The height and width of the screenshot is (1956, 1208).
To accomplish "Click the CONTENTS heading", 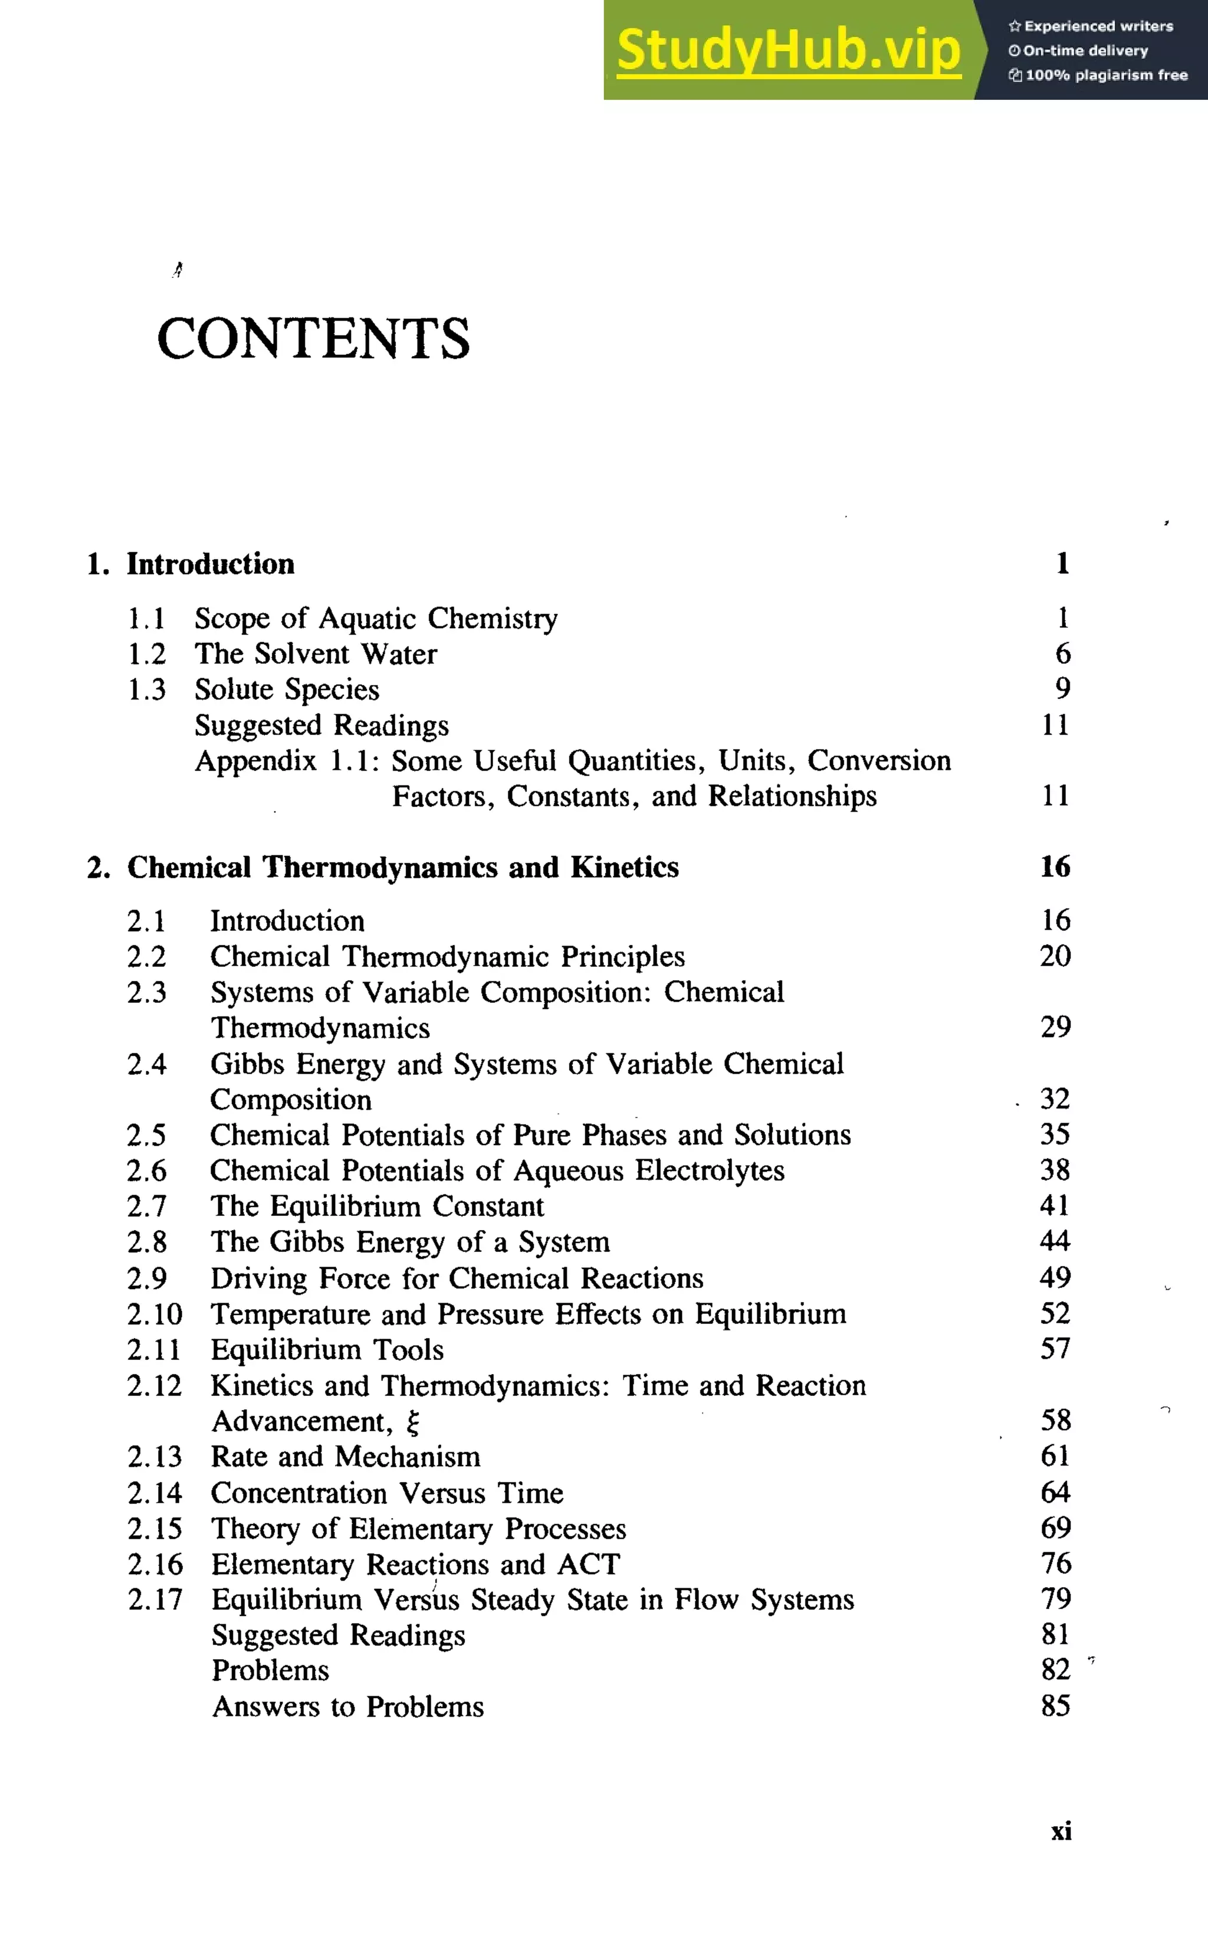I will [313, 338].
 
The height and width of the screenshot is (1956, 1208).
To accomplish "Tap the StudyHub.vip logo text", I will [789, 50].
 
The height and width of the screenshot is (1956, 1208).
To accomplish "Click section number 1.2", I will [147, 654].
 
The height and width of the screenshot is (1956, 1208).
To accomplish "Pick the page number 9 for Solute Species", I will [1062, 688].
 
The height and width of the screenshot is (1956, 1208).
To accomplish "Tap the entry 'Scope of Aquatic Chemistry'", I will [376, 619].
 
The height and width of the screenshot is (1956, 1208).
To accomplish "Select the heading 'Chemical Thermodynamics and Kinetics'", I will [403, 867].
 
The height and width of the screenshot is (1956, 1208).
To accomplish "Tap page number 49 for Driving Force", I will [1055, 1277].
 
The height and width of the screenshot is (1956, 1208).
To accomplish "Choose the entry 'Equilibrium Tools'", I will [327, 1349].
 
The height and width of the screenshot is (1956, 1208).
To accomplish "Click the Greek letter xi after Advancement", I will [412, 1422].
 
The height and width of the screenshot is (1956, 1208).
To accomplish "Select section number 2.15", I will [155, 1528].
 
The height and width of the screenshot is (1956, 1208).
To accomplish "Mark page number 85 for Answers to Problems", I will [1055, 1706].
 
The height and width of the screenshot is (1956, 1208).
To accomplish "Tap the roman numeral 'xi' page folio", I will [1061, 1831].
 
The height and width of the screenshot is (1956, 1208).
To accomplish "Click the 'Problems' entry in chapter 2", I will [270, 1671].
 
